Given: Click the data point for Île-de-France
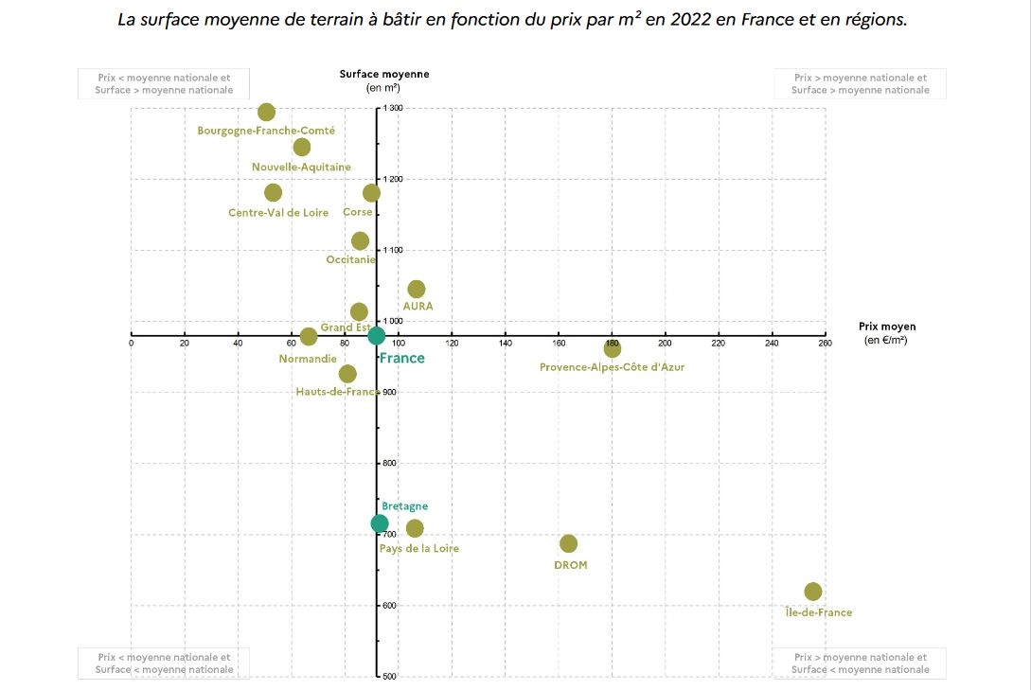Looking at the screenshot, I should coord(812,592).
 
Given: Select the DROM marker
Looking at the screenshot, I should coord(568,543).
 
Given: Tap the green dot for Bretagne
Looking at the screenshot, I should coord(380,523).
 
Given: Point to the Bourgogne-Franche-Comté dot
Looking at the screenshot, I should coord(266,113).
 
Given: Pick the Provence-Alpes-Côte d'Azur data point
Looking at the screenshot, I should coord(613,348).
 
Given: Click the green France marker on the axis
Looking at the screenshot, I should coord(376,335).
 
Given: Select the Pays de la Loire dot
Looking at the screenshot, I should coord(415,528).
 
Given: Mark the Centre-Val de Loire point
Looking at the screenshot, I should coord(273,192).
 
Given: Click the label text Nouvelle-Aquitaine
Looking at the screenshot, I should coord(301,168).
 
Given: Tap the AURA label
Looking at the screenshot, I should coord(418,307).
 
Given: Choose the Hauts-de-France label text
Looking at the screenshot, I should coord(337,392).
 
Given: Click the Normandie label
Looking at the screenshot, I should coord(307,360).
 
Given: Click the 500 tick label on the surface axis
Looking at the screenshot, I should coord(390,676).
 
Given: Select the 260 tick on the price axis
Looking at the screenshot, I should coord(826,344).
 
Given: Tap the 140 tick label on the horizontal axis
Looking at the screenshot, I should coord(506,344).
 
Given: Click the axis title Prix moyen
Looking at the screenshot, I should coord(887,327).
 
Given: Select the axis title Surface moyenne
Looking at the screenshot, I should coord(384,74).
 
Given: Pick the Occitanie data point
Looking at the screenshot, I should coord(360,241).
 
